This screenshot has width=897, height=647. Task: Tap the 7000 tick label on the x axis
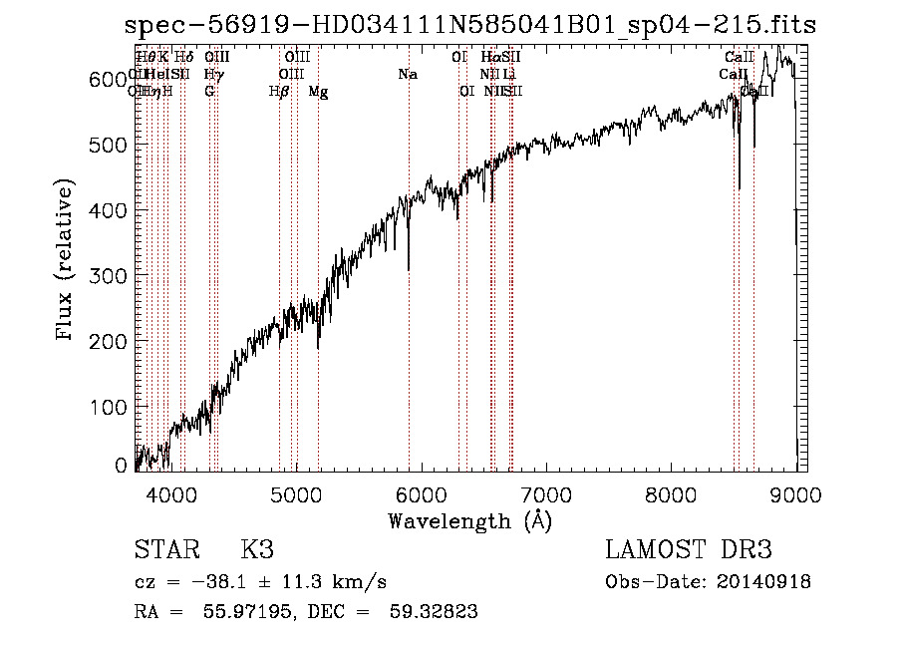coord(546,493)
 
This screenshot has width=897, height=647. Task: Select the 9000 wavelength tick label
coord(795,493)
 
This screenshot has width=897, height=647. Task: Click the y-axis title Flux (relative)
coord(67,260)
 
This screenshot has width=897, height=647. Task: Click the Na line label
coord(407,75)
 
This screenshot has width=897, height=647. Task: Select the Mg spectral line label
coord(318,92)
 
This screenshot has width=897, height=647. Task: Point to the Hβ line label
coord(279,92)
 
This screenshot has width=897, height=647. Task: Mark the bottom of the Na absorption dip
coord(409,268)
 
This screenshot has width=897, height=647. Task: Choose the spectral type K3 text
coord(257,550)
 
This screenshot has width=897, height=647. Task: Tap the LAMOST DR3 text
coord(689,550)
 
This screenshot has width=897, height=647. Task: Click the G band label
coord(209,92)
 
